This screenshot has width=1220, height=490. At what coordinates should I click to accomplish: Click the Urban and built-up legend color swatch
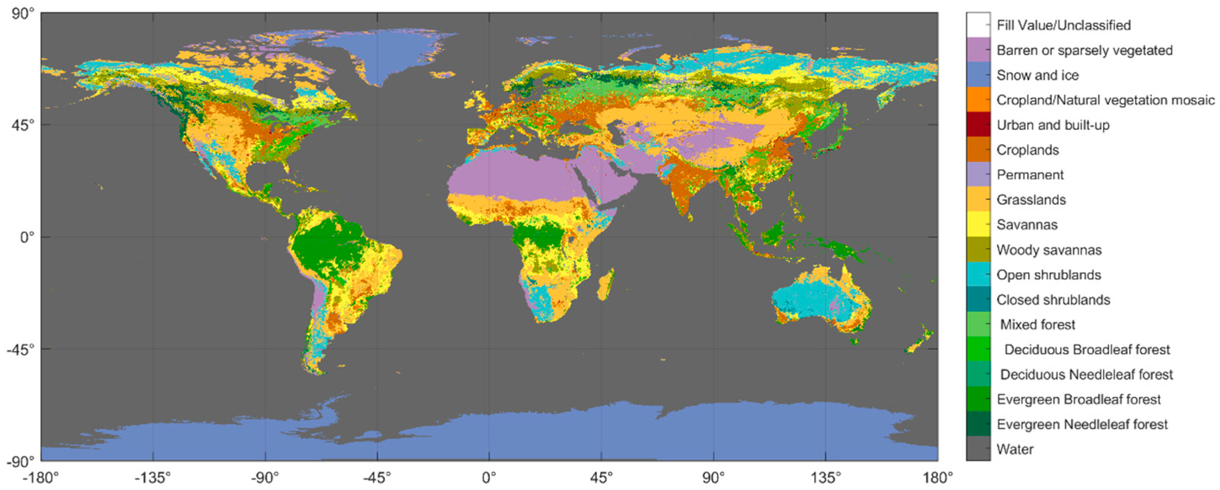point(978,125)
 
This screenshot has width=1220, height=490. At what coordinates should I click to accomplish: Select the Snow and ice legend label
point(1037,75)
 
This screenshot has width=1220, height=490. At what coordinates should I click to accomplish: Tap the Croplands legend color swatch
point(978,150)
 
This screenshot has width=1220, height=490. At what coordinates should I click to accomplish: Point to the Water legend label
point(1015,449)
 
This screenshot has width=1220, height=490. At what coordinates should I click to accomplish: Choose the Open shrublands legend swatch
point(978,274)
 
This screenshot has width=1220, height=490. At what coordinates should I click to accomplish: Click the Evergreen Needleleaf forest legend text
point(1082,424)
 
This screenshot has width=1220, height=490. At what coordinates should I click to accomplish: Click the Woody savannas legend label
point(1049,250)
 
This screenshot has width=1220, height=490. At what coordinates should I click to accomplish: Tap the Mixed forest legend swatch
point(978,324)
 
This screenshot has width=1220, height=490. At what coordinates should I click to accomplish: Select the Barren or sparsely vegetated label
point(1084,50)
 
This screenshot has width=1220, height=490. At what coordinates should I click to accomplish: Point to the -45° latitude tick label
point(20,350)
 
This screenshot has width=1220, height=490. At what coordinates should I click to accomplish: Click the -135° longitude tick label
point(152,478)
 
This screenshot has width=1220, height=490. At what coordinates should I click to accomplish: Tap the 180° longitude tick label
point(938,478)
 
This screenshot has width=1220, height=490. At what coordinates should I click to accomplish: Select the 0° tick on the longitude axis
point(489,478)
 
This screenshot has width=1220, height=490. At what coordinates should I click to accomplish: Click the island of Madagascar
point(605,284)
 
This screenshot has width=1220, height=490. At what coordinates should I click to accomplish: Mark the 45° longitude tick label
point(601,478)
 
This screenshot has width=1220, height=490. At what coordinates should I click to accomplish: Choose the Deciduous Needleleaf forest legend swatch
point(978,375)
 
